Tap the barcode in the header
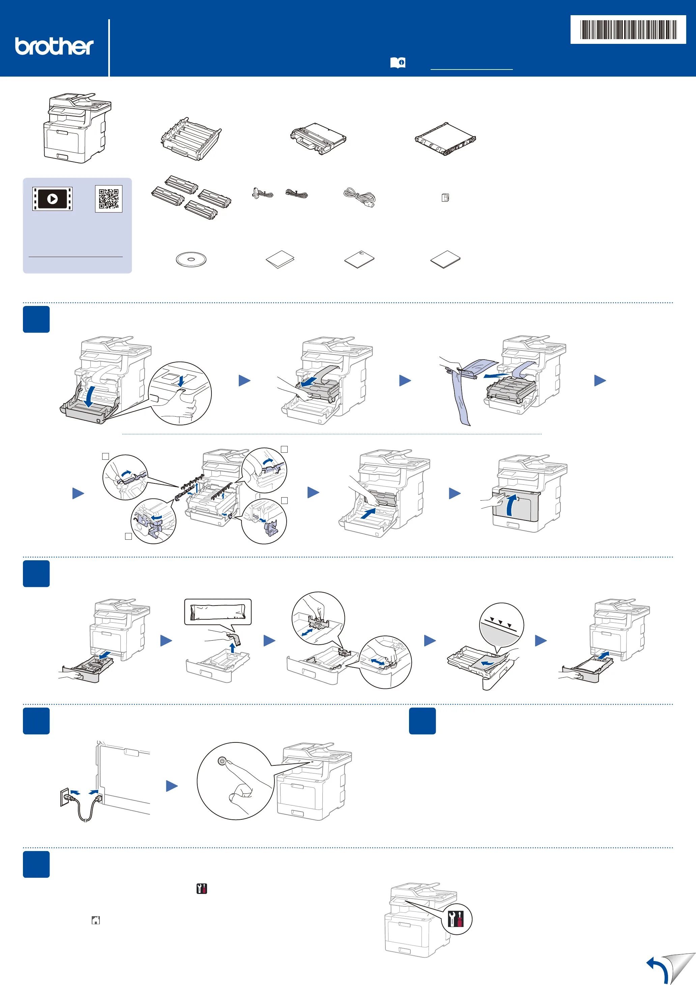click(x=628, y=30)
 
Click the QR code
click(x=109, y=199)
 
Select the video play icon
click(x=52, y=199)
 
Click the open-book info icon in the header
click(x=398, y=63)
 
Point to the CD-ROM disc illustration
click(x=191, y=259)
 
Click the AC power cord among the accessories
click(x=359, y=197)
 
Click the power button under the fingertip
click(x=222, y=761)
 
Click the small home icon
click(x=96, y=920)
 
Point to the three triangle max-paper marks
click(x=500, y=622)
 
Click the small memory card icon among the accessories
click(x=445, y=198)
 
